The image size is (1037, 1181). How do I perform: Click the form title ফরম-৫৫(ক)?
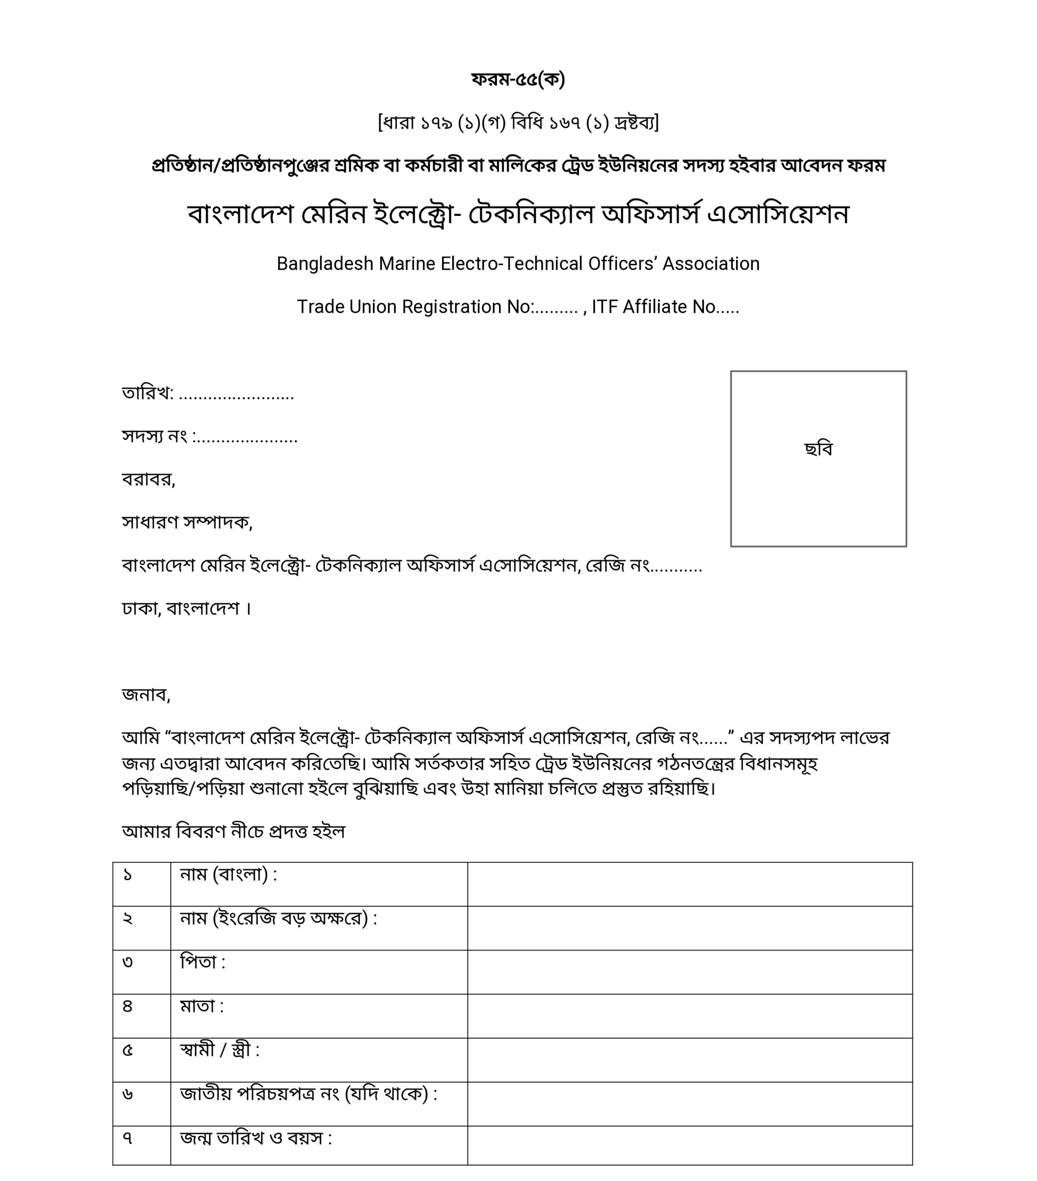[x=518, y=79]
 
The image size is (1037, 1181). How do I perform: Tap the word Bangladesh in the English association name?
[x=325, y=263]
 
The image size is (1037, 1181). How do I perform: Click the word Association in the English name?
[x=710, y=263]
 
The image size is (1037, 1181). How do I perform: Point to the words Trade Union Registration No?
[x=414, y=307]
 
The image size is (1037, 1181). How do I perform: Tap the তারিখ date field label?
[x=147, y=394]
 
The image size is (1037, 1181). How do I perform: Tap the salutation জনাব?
[x=146, y=694]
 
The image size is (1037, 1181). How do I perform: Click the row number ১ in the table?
[x=128, y=875]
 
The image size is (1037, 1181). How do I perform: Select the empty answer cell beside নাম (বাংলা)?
[x=689, y=884]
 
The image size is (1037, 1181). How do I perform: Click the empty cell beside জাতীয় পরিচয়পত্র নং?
[x=689, y=1103]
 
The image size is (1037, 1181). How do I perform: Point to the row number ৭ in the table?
[x=128, y=1138]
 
